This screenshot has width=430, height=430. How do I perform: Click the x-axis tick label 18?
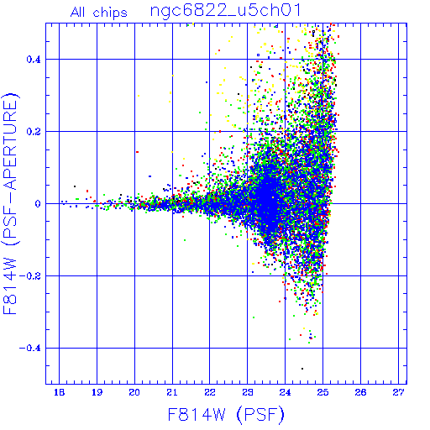coord(59,392)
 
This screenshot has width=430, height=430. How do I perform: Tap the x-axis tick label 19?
coord(97,392)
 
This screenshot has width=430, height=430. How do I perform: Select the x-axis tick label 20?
coord(134,392)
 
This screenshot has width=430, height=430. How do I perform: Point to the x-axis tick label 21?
coord(172,392)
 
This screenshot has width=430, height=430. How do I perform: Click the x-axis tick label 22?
coord(210,392)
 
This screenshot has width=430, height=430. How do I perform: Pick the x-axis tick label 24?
coord(285,392)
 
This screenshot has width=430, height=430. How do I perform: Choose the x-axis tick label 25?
coord(322,392)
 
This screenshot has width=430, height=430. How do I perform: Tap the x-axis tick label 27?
coord(398,392)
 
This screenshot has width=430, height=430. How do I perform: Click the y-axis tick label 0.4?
coord(34,60)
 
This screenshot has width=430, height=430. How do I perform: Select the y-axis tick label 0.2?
coord(34,132)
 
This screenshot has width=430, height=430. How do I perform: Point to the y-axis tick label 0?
coord(38,204)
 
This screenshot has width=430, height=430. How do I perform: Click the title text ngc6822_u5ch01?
coord(225,11)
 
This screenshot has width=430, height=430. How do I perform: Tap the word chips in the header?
coord(110,13)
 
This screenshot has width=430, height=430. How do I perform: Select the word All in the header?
coord(78,13)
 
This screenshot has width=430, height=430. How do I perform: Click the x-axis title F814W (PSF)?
coord(226,414)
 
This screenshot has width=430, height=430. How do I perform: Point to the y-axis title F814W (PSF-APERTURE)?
coord(10,203)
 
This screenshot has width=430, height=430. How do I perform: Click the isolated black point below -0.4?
coord(302,369)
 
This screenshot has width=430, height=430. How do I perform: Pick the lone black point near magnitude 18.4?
coord(75,186)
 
